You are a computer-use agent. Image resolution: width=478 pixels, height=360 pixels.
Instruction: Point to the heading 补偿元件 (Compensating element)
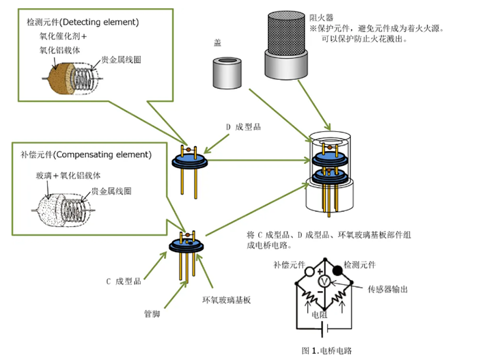[x=85, y=154]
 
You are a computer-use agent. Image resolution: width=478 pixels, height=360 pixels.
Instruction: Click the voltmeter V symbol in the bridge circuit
[x=325, y=281]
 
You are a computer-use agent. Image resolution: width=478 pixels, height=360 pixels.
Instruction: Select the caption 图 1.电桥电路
[x=326, y=350]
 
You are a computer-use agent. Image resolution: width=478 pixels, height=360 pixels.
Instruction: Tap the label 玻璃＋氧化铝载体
[x=67, y=176]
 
